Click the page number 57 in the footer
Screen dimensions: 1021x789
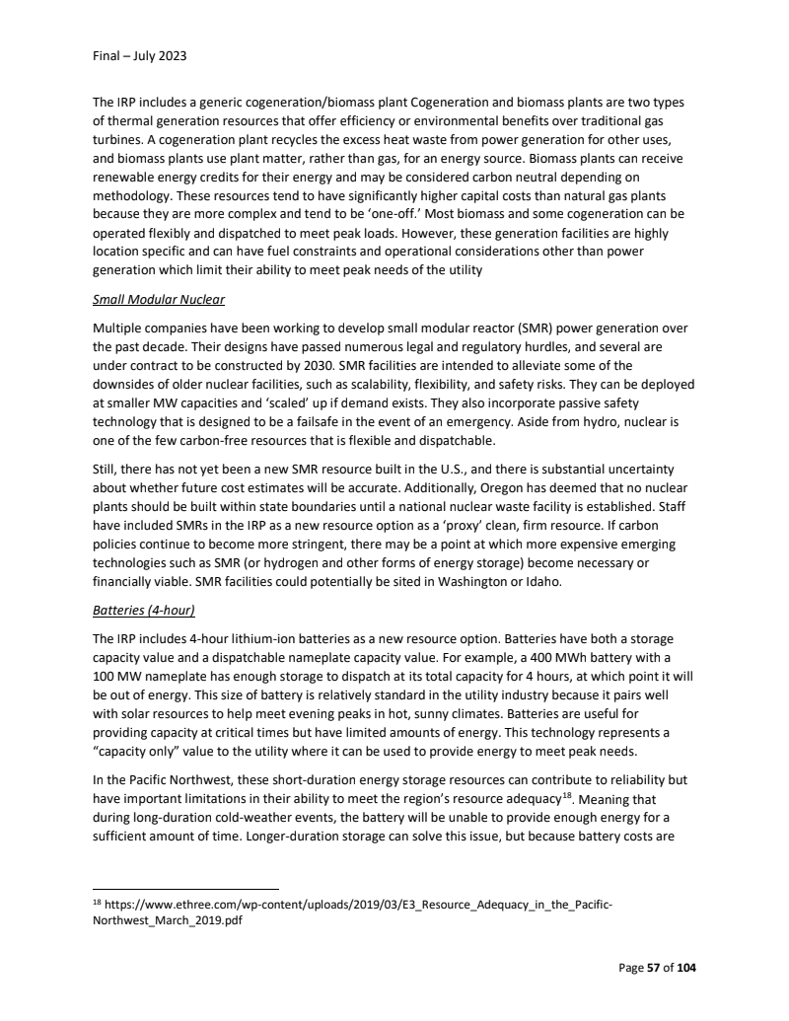[x=653, y=968]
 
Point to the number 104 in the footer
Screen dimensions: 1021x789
[x=683, y=968]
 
